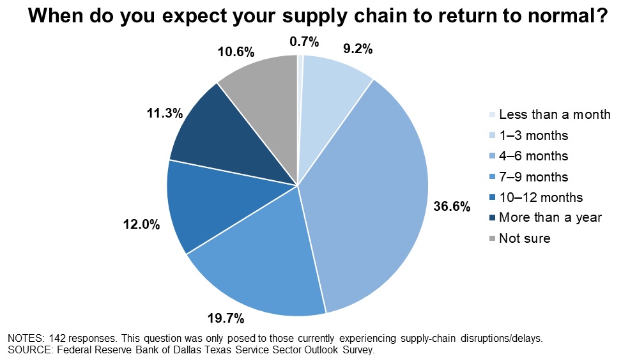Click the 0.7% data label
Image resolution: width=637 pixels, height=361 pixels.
304,42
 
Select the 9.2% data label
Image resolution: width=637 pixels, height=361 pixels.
358,49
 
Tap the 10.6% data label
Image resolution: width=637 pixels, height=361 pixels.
236,52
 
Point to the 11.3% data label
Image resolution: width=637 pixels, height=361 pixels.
165,113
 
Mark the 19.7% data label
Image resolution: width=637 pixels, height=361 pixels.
226,319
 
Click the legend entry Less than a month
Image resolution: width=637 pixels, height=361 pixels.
549,114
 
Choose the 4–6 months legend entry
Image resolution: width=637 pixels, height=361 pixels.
528,156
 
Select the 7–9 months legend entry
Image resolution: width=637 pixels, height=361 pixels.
528,177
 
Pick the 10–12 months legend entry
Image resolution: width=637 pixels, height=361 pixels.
536,197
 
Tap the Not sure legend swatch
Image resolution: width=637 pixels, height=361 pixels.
492,238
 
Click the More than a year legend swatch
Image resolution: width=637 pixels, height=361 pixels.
492,218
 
